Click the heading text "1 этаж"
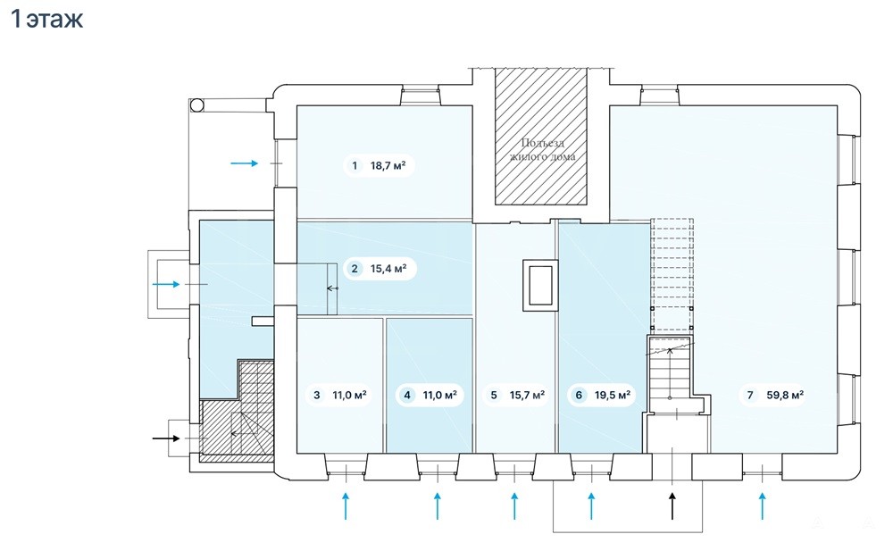click(46, 19)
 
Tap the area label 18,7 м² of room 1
click(388, 166)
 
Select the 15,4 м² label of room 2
click(388, 269)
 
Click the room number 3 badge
click(317, 395)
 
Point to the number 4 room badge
click(407, 395)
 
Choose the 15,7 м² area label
click(527, 395)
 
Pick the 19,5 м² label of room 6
click(613, 395)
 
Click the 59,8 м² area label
click(785, 395)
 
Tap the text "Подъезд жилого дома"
click(542, 149)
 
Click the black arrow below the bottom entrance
click(672, 506)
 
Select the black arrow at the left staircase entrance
click(166, 438)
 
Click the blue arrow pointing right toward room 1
click(245, 163)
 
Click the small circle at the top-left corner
click(197, 104)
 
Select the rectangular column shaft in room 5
click(540, 285)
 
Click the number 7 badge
click(750, 395)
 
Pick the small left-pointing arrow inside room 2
click(332, 288)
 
